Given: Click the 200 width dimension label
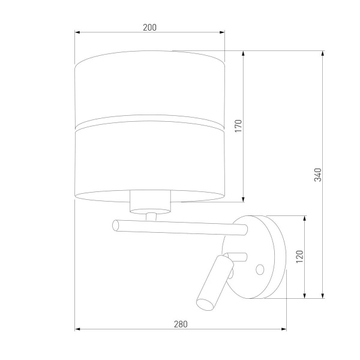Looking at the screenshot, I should [149, 27].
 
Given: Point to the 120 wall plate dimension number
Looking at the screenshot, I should [299, 256].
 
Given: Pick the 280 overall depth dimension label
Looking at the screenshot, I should [181, 324].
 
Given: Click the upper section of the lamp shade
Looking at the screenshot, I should [149, 90].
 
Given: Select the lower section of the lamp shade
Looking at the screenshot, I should [149, 162].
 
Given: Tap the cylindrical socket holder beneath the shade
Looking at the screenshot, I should [149, 202].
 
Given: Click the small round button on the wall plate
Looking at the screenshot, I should [260, 268].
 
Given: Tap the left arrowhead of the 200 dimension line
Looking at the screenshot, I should [77, 33].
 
